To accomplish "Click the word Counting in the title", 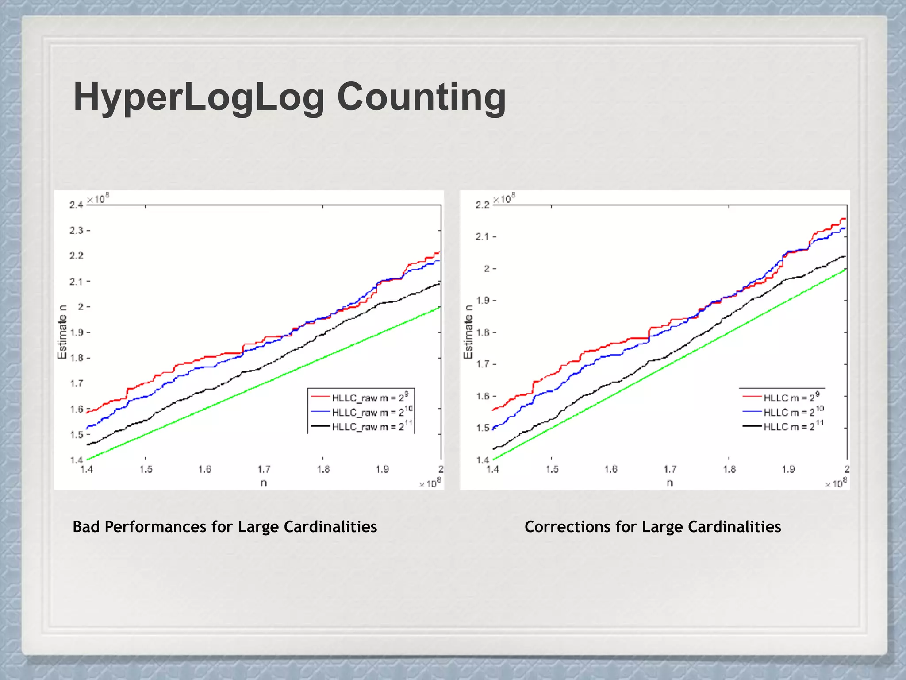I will pos(421,97).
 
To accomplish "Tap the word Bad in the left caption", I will pos(86,527).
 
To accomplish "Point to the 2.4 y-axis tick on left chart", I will pos(76,205).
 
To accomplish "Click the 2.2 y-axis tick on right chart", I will pos(482,205).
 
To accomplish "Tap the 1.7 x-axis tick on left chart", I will pos(264,469).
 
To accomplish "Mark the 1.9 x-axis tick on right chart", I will pos(788,469).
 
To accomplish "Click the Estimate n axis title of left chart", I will pos(62,332).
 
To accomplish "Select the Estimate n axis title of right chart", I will pos(468,332).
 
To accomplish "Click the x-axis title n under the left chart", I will pos(264,483).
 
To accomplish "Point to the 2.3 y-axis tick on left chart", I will pos(76,230).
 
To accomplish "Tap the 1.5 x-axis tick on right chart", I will pos(552,469).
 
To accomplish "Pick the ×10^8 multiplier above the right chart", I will pos(504,199).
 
